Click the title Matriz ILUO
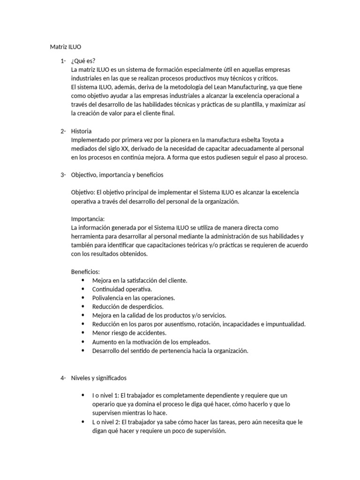[x=65, y=47]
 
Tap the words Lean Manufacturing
[x=260, y=87]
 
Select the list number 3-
[x=63, y=175]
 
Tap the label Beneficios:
[x=85, y=271]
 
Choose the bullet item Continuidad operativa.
[x=122, y=289]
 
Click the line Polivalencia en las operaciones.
[x=134, y=298]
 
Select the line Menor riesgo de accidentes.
[x=129, y=333]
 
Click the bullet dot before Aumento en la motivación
[x=83, y=342]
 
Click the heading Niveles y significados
[x=98, y=378]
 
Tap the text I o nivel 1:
[x=106, y=396]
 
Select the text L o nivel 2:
[x=106, y=422]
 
